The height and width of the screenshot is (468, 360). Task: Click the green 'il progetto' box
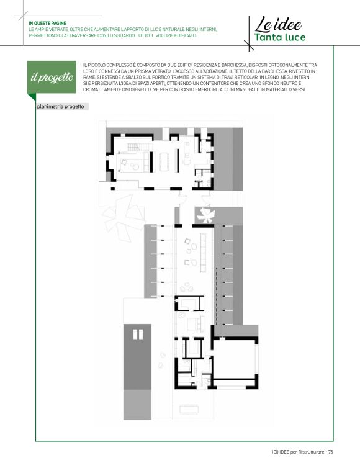52,77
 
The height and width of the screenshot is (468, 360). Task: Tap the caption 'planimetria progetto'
60,107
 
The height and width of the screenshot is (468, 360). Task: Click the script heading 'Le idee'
279,25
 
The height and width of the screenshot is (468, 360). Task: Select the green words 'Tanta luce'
280,37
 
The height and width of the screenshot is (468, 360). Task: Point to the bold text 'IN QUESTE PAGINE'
47,24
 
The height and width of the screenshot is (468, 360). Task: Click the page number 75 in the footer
330,452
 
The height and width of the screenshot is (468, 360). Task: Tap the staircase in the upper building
133,147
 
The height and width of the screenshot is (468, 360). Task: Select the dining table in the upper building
164,162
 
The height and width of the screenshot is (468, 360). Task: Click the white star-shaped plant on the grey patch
205,215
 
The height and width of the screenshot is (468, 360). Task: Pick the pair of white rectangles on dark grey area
138,335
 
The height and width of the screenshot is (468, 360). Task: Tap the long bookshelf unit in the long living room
204,253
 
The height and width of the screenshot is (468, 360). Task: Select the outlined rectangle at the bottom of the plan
189,409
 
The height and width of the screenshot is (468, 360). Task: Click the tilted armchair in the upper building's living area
124,162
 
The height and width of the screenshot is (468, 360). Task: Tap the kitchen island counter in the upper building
187,153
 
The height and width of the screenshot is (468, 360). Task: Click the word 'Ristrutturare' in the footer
312,452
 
